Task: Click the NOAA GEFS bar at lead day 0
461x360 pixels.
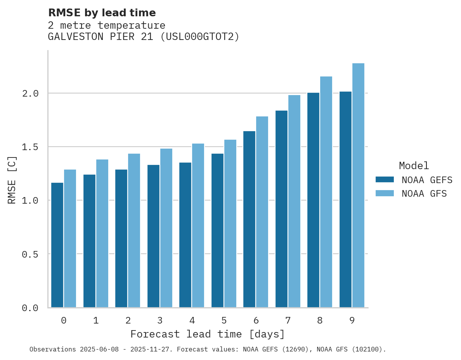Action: pyautogui.click(x=57, y=245)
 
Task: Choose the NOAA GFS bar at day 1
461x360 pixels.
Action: pyautogui.click(x=102, y=233)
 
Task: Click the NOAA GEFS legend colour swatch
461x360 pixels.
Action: pyautogui.click(x=385, y=180)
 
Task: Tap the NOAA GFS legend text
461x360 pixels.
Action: pyautogui.click(x=424, y=194)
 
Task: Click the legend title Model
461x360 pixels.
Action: pyautogui.click(x=414, y=166)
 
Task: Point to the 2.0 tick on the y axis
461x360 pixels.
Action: pyautogui.click(x=30, y=93)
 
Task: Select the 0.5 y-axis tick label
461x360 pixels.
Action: pyautogui.click(x=30, y=254)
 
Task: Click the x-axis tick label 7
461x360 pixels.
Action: pyautogui.click(x=288, y=320)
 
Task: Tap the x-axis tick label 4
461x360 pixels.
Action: pyautogui.click(x=192, y=320)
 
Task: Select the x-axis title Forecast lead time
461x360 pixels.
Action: pyautogui.click(x=208, y=334)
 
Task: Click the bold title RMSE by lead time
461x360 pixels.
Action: pyautogui.click(x=102, y=13)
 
